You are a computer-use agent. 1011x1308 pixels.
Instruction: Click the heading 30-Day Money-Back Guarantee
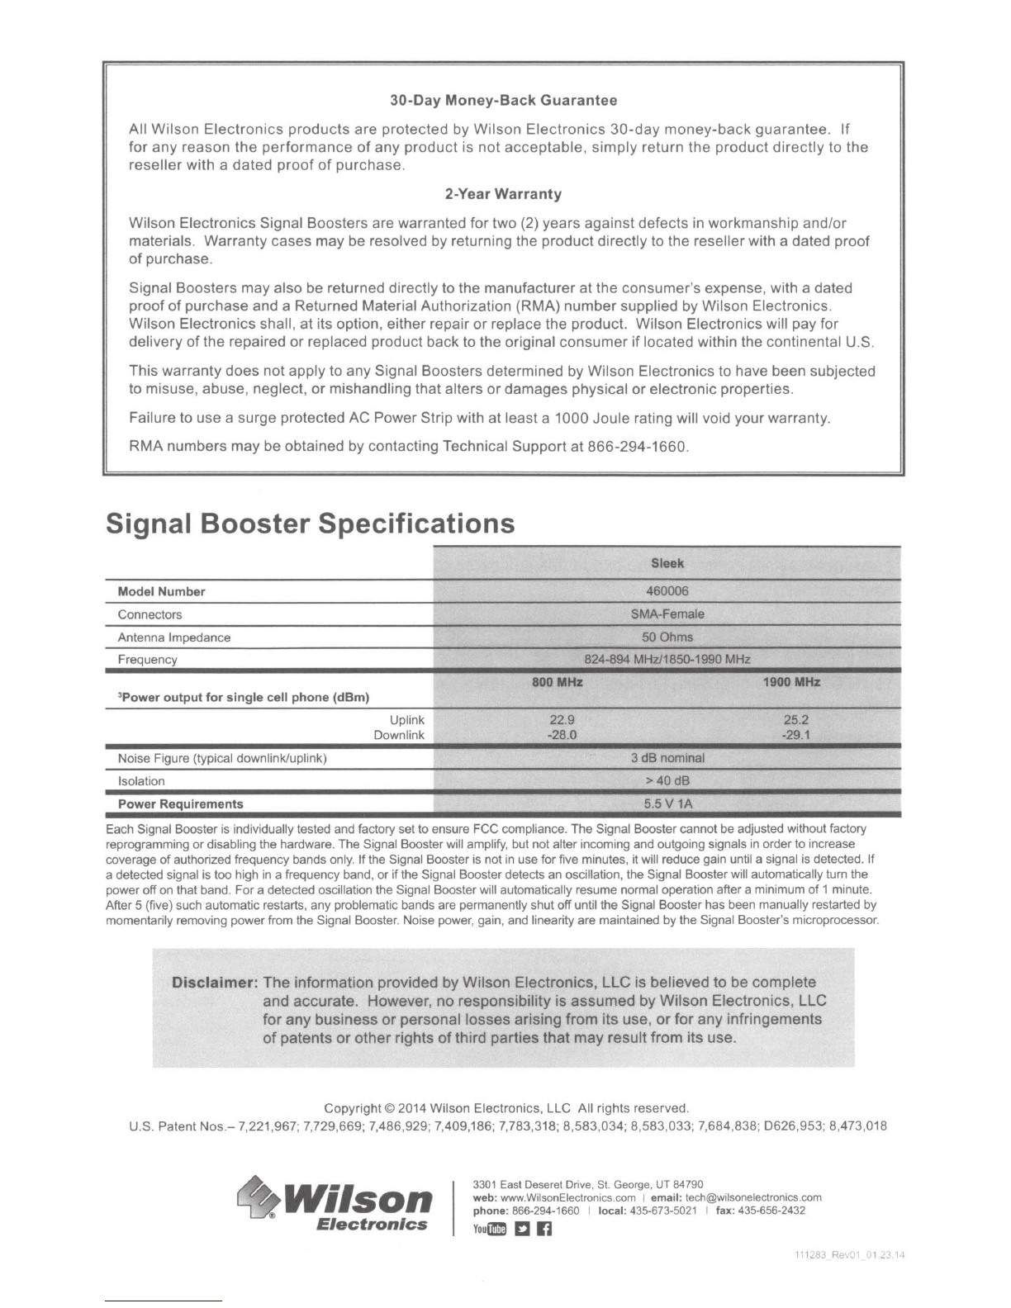(x=503, y=101)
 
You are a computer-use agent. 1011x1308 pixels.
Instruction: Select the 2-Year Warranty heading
(x=503, y=195)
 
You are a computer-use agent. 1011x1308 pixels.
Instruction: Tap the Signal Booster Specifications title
(x=311, y=524)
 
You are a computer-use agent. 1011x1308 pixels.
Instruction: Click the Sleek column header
(x=667, y=564)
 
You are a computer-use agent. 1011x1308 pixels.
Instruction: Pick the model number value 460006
(x=667, y=591)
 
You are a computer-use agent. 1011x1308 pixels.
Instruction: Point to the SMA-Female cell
(x=667, y=614)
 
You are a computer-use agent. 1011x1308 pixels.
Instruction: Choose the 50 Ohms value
(x=667, y=637)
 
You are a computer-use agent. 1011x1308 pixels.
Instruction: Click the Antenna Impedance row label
(x=174, y=637)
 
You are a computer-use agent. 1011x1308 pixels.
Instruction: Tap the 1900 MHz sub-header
(x=793, y=682)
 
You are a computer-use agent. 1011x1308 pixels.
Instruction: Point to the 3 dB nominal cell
(x=667, y=758)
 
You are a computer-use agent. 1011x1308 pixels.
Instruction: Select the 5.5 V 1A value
(x=667, y=803)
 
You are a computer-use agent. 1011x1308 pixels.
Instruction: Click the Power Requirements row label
(x=181, y=804)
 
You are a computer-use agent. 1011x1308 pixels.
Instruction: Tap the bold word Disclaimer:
(x=215, y=983)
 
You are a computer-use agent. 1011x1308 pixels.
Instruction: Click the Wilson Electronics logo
(x=335, y=1206)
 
